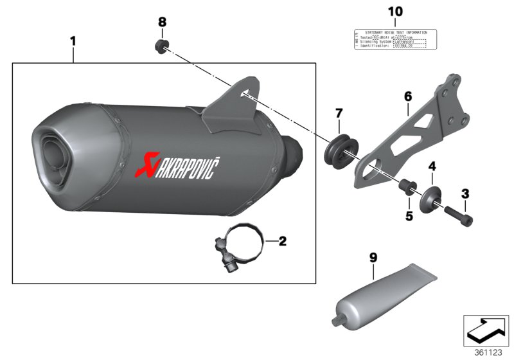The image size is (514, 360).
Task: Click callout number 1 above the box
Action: coord(73,41)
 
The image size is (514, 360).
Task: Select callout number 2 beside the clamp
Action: coord(282,242)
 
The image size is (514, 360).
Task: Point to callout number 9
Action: coord(373,258)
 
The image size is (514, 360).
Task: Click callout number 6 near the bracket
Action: coord(407,97)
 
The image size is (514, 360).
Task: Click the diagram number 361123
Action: coord(488,353)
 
